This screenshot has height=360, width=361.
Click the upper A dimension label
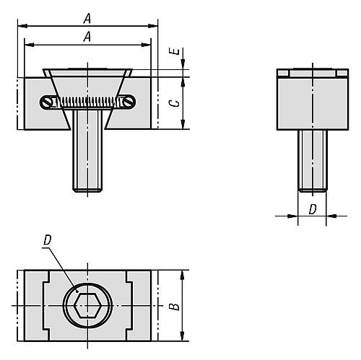coord(87,19)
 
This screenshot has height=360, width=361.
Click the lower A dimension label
coord(87,37)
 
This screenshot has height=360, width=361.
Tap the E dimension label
coord(177,51)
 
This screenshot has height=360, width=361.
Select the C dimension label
coord(177,103)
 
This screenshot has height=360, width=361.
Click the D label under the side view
coord(313,209)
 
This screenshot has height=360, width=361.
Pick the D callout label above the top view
coord(48,240)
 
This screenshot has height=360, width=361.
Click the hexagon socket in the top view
coord(87,305)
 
